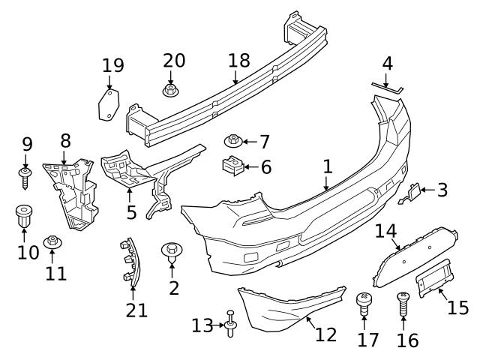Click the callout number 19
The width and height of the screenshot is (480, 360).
(x=112, y=66)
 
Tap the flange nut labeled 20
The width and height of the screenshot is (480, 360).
(x=171, y=91)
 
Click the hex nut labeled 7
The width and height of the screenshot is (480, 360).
(x=233, y=140)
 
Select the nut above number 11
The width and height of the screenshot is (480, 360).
(x=52, y=242)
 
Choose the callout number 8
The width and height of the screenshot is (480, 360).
(x=65, y=139)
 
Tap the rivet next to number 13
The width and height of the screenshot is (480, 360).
(x=230, y=324)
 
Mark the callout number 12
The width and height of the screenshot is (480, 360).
(x=325, y=334)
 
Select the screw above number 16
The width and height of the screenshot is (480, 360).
(x=403, y=304)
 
